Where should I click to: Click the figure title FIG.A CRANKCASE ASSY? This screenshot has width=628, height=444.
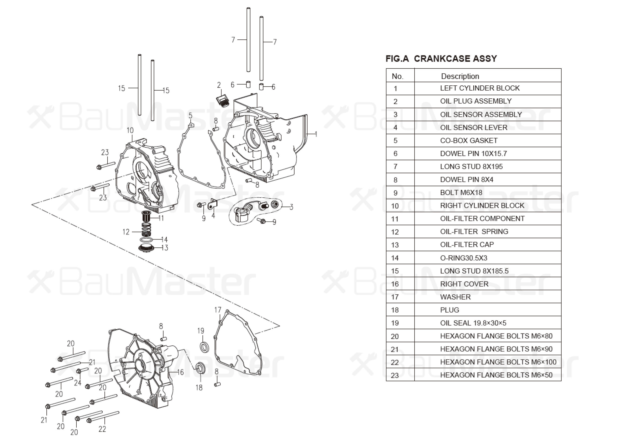coord(441,58)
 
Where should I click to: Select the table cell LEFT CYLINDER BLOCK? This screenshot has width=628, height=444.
coord(480,88)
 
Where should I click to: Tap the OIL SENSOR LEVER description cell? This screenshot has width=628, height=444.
coord(473,128)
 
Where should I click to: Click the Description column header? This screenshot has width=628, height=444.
coord(460,76)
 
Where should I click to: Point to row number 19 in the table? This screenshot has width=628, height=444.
coord(395,323)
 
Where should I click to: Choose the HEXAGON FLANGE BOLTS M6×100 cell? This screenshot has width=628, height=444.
coord(498,362)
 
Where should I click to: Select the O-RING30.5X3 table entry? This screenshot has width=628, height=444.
coord(464,258)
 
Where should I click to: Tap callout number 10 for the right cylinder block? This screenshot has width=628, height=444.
coord(130,131)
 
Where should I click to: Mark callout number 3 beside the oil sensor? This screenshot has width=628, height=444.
coord(291,207)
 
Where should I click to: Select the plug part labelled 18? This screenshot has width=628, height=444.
coord(201,367)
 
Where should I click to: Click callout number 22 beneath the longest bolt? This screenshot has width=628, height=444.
coord(102,429)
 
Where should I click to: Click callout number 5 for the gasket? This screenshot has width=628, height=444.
coord(190,116)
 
